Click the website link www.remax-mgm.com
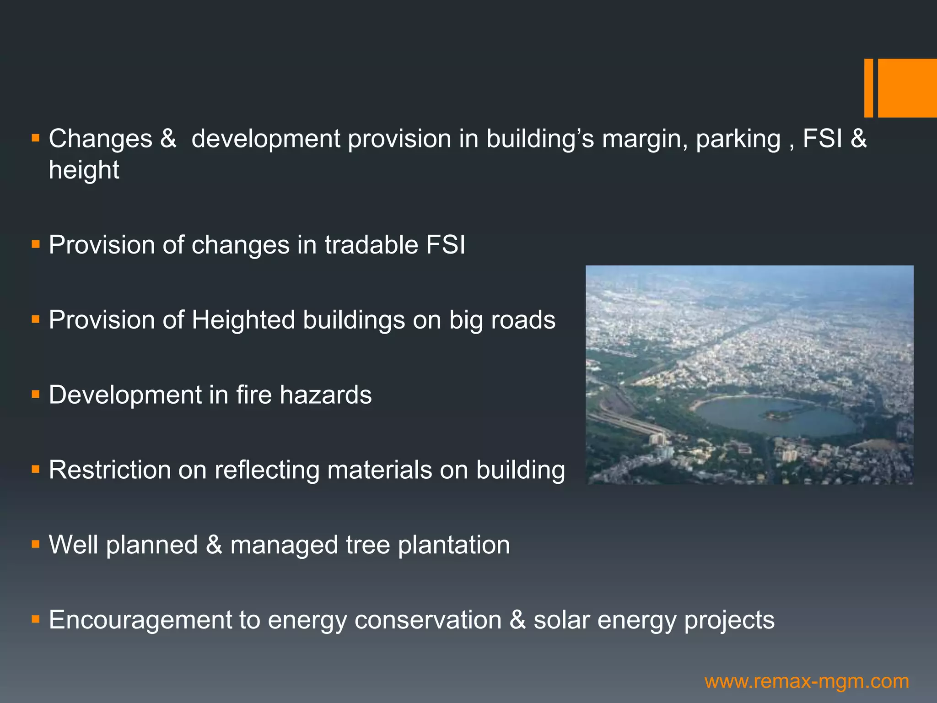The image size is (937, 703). pos(807,681)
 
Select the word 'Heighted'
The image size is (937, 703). pos(243,319)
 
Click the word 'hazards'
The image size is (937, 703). pos(325,395)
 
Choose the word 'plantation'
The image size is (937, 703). pos(453,545)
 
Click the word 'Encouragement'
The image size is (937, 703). pos(140,620)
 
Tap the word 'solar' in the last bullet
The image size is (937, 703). pos(561,620)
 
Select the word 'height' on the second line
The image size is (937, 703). pos(84,170)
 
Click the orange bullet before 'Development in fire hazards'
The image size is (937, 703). pos(36,394)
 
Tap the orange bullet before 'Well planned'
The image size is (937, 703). pos(36,544)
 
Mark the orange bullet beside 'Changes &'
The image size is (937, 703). pos(36,138)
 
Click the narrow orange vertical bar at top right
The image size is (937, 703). pos(868,88)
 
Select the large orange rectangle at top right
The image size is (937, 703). pos(907,88)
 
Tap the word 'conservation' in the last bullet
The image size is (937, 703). pos(428,620)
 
